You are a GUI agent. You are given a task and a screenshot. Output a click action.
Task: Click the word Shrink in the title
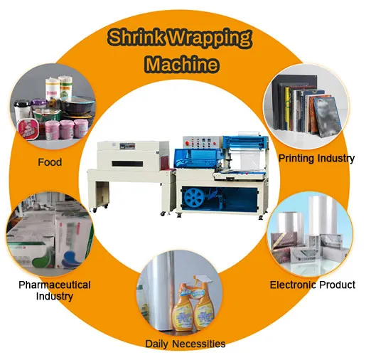[x=136, y=37]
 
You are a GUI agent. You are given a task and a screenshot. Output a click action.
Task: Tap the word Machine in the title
[x=182, y=64]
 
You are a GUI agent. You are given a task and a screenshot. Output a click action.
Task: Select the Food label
[x=50, y=162]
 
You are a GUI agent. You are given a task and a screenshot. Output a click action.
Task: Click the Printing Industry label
[x=316, y=159]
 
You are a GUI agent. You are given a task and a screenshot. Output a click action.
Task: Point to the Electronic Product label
[x=313, y=285]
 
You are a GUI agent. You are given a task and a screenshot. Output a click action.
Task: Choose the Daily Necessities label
[x=185, y=344]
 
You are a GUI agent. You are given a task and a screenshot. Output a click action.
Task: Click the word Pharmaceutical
[x=55, y=285]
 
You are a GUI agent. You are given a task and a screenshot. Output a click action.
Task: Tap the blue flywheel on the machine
[x=194, y=198]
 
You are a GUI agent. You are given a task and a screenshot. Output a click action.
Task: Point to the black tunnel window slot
[x=127, y=164]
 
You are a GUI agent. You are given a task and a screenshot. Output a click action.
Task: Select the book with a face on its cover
[x=328, y=117]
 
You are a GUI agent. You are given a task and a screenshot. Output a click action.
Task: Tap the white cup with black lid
[x=22, y=111]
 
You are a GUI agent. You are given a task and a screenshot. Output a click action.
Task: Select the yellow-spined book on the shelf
[x=287, y=109]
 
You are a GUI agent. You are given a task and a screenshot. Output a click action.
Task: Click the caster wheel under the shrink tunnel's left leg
[x=95, y=210]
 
